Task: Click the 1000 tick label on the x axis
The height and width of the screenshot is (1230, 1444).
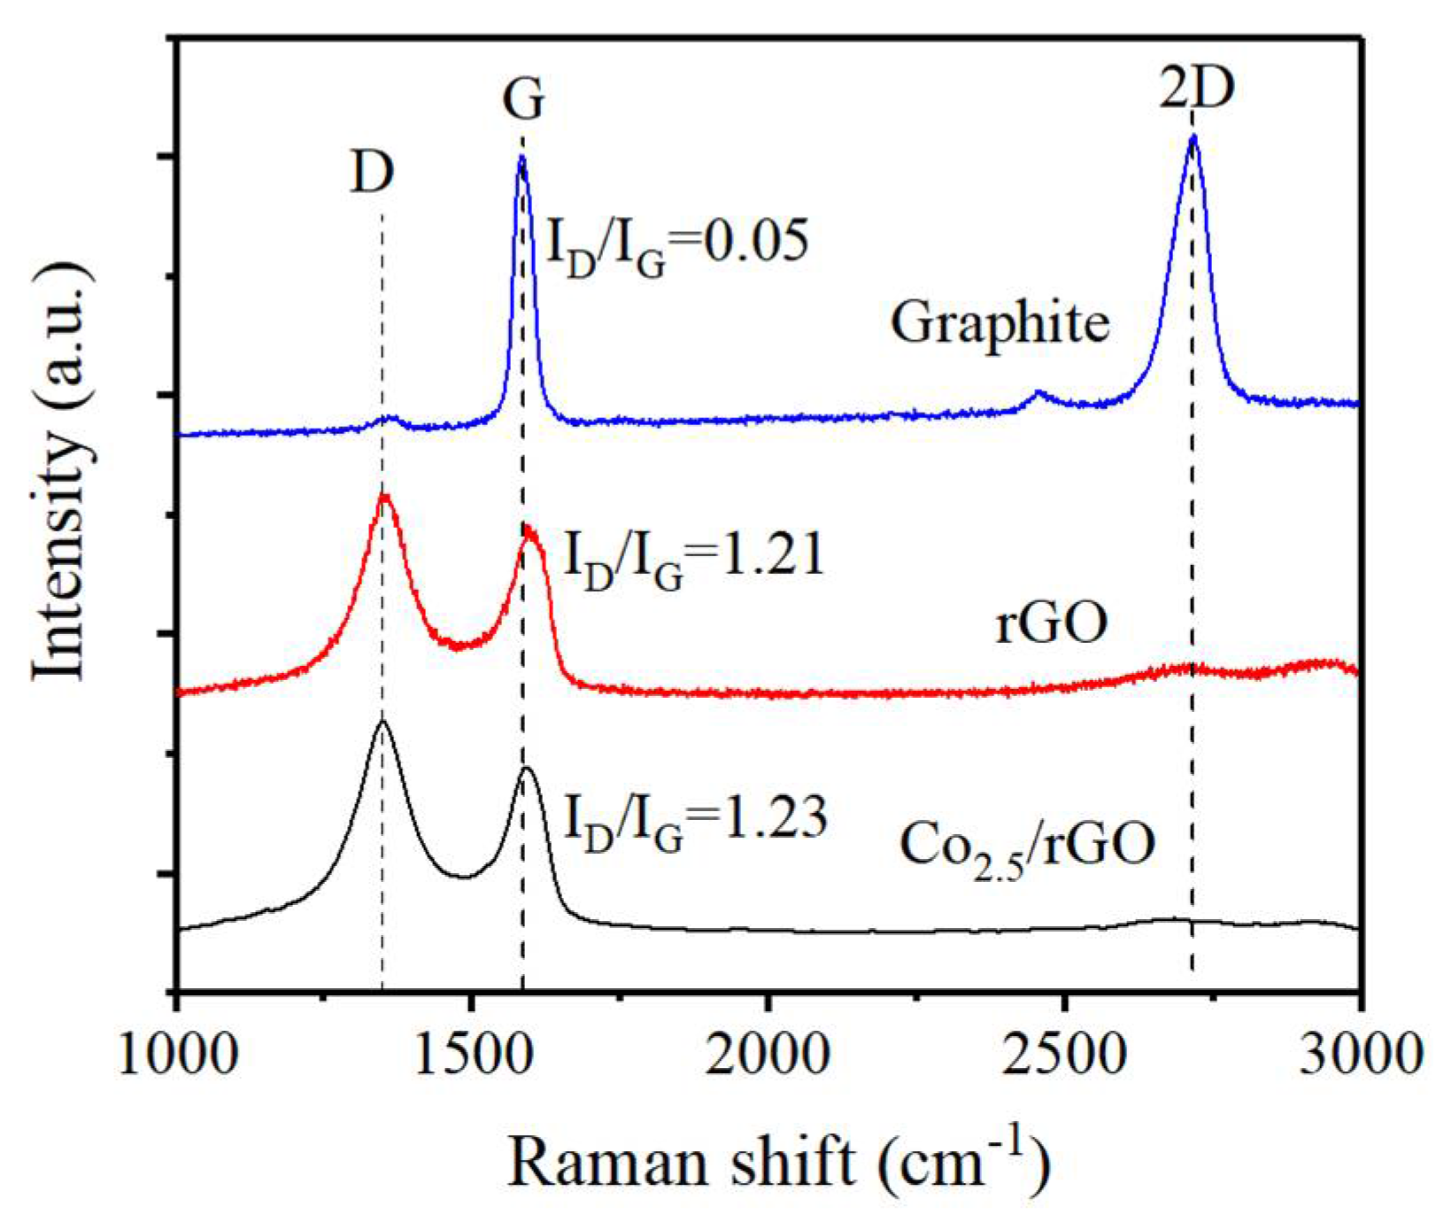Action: tap(178, 1054)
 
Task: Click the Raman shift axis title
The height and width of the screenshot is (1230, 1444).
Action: tap(779, 1160)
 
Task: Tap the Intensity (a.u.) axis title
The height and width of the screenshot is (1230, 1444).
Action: tap(62, 469)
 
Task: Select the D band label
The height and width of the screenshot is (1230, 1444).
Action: tap(372, 173)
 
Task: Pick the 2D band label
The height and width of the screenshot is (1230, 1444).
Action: tap(1196, 89)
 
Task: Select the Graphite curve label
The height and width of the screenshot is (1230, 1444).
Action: tap(1000, 323)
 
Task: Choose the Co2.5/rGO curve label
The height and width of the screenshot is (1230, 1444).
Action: tap(1027, 846)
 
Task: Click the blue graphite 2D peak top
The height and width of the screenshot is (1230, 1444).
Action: tap(1193, 137)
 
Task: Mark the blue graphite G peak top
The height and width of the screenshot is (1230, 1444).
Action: tap(521, 158)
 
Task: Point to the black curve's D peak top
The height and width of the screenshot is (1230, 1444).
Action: tap(382, 722)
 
